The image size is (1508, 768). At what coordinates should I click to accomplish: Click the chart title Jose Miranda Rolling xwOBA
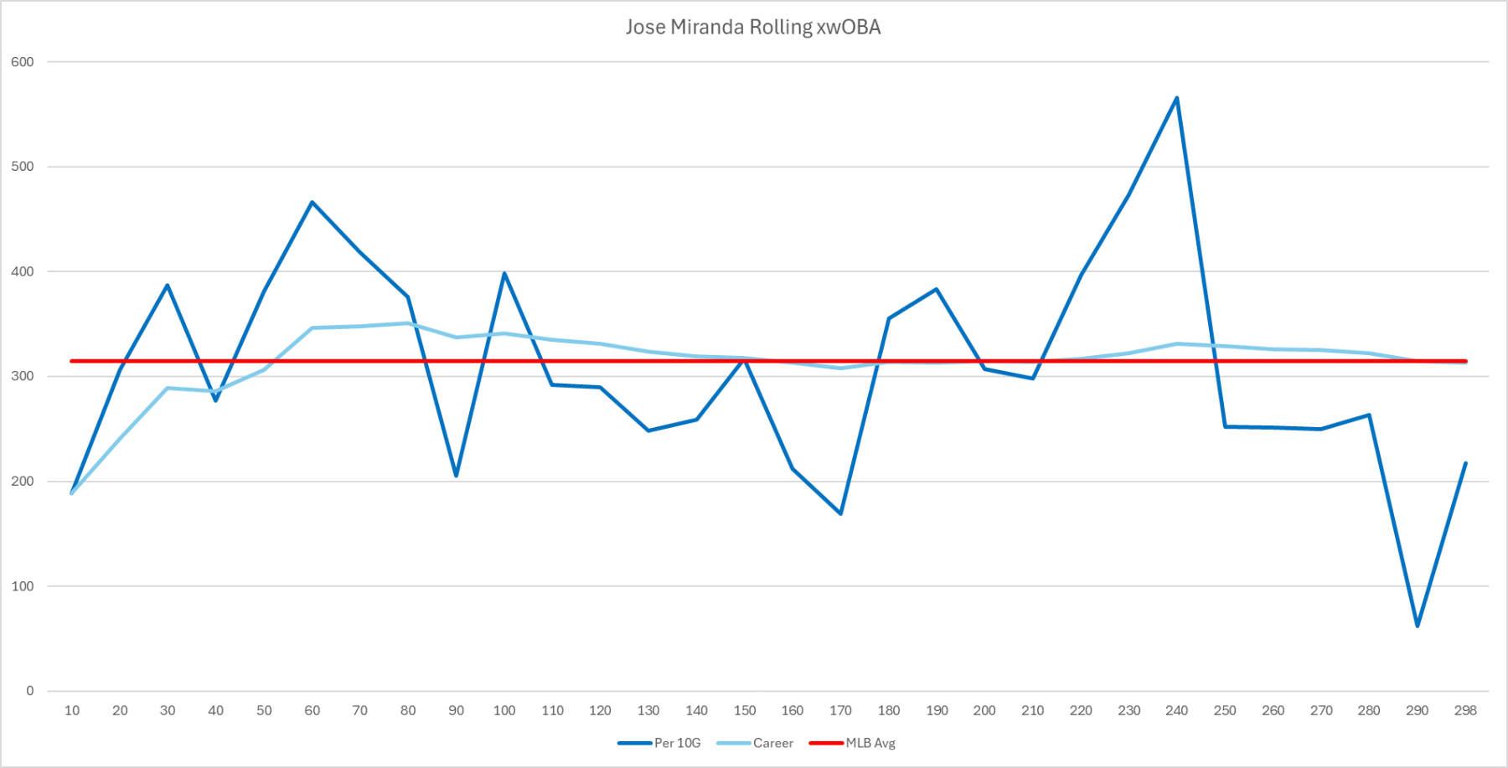752,28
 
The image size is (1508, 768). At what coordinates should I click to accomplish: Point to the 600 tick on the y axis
23,62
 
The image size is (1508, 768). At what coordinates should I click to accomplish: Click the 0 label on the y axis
30,691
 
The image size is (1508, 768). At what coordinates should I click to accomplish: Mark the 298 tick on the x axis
1465,710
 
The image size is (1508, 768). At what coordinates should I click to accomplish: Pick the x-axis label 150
745,710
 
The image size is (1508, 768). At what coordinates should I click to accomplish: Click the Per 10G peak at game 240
1177,98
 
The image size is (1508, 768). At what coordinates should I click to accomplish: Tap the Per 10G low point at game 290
1418,626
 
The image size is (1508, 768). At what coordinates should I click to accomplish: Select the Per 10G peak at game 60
312,202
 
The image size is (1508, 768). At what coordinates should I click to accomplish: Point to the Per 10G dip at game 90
457,476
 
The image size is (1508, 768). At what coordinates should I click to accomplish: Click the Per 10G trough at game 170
840,513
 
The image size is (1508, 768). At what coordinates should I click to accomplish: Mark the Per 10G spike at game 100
504,273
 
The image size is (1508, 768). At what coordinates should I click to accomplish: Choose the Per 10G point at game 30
168,286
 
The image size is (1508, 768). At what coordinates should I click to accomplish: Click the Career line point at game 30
168,388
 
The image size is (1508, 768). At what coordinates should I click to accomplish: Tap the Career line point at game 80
408,323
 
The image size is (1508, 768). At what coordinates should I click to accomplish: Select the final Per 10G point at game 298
1465,463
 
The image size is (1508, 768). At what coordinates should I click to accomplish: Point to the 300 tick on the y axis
23,376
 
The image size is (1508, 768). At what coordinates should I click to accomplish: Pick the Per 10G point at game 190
937,289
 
